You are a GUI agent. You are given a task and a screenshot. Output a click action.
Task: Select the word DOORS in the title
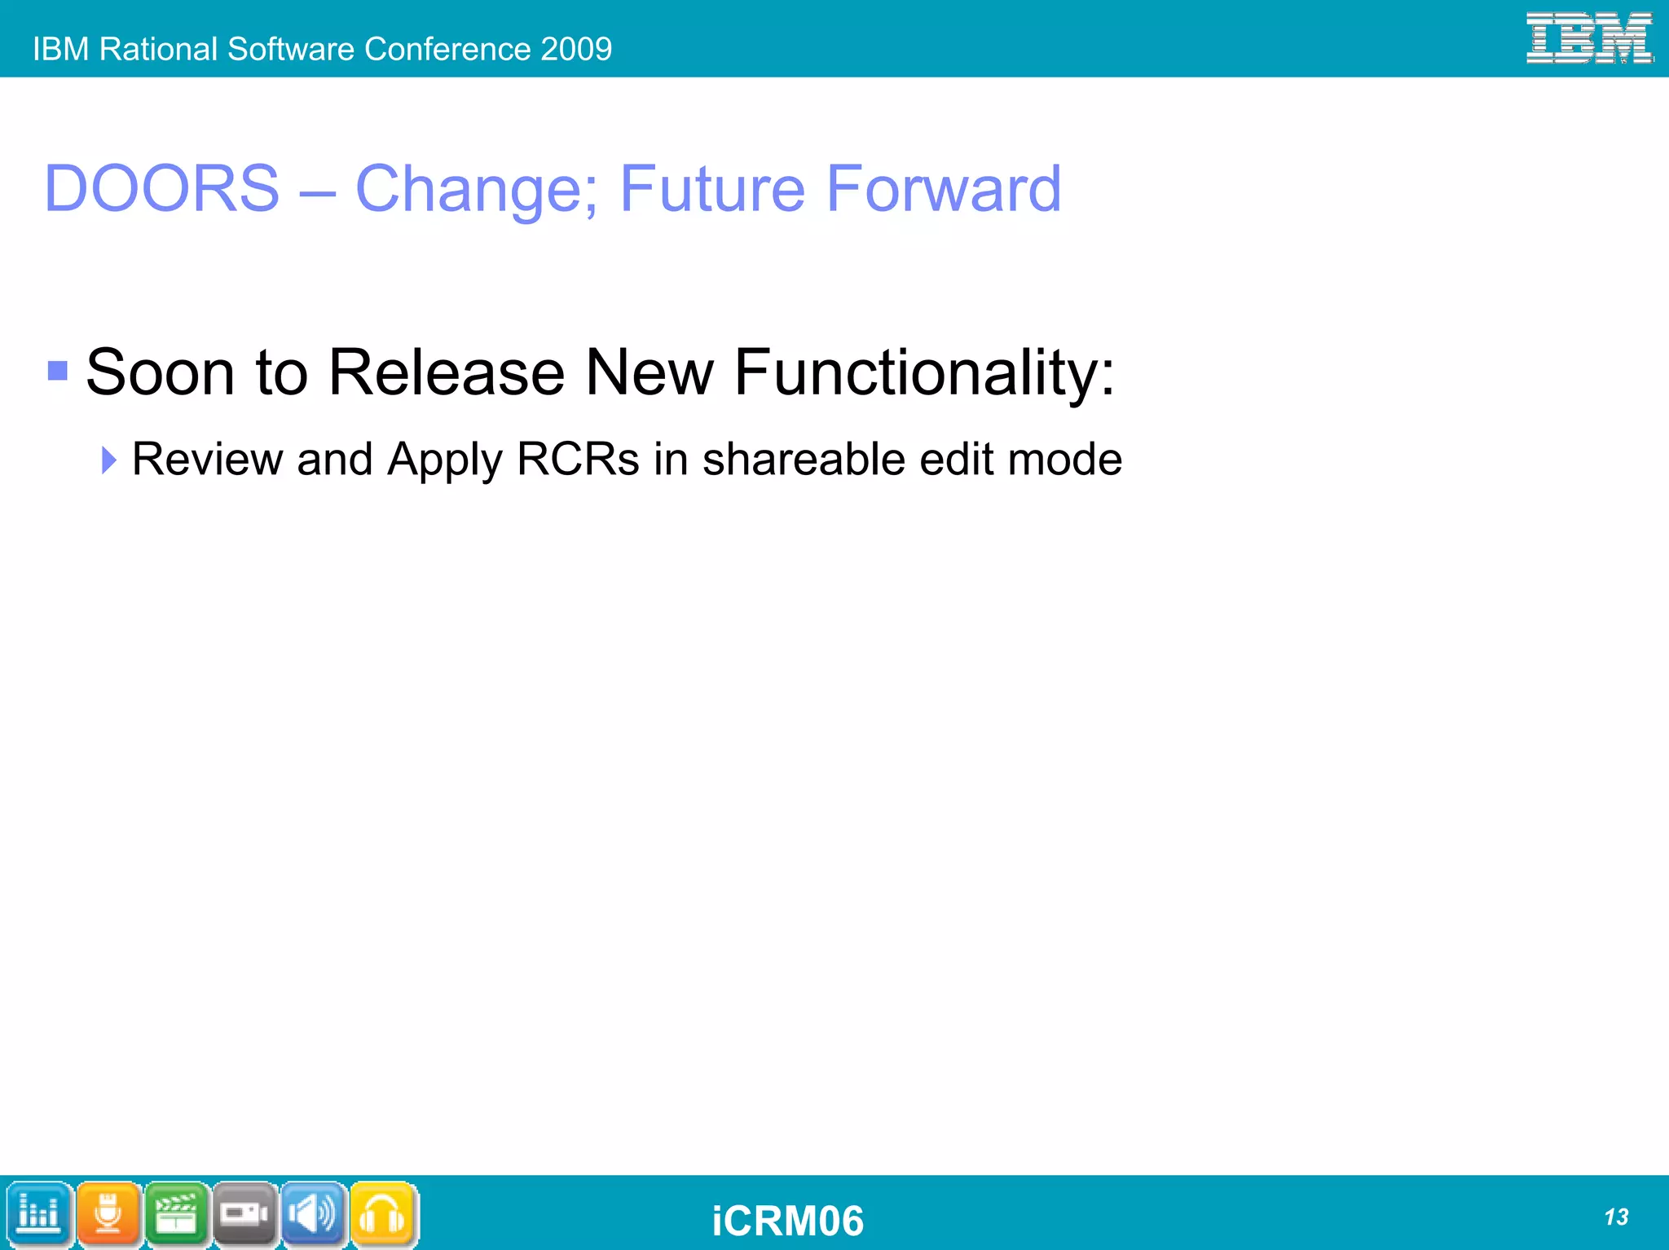click(161, 189)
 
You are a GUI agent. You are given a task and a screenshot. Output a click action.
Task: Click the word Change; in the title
click(477, 189)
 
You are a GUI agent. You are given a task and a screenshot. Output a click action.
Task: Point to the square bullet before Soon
click(58, 372)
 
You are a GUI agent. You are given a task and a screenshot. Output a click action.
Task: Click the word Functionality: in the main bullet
click(924, 373)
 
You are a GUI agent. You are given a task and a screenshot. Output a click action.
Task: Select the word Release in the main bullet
click(446, 373)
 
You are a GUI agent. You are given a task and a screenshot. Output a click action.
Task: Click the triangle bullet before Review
click(108, 460)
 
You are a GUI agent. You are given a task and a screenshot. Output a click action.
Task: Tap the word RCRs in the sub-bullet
click(578, 460)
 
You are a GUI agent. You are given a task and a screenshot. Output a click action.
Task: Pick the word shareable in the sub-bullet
click(804, 460)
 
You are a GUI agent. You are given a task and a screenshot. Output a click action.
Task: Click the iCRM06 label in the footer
click(787, 1221)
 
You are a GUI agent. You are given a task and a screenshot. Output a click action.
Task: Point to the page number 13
click(1615, 1217)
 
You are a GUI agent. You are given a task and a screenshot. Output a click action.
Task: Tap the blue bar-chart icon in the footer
click(38, 1213)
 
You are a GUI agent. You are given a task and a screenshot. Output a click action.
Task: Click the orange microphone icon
click(108, 1213)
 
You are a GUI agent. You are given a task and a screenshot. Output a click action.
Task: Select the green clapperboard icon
click(176, 1213)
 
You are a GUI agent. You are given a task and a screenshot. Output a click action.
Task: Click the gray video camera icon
click(244, 1213)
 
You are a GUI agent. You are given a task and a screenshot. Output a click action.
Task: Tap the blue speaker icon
click(314, 1213)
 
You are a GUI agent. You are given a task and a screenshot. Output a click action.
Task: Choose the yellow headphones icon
click(382, 1213)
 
